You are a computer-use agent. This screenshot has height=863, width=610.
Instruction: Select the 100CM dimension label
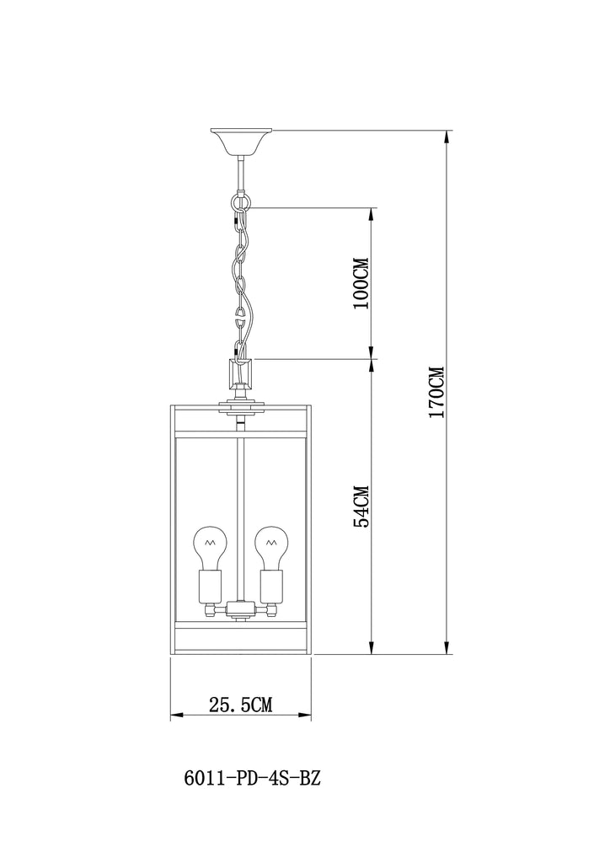pyautogui.click(x=361, y=283)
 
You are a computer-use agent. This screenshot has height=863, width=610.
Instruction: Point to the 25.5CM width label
pyautogui.click(x=240, y=705)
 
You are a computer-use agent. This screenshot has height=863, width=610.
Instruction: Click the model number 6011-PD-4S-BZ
pyautogui.click(x=251, y=778)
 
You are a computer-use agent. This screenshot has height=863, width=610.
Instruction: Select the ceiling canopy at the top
pyautogui.click(x=241, y=142)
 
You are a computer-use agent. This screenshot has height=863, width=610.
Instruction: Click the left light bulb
pyautogui.click(x=208, y=548)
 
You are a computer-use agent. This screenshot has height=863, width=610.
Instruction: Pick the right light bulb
pyautogui.click(x=270, y=548)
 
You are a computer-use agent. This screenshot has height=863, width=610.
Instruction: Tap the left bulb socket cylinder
pyautogui.click(x=210, y=587)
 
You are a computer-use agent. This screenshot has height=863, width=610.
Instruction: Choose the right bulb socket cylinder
pyautogui.click(x=271, y=587)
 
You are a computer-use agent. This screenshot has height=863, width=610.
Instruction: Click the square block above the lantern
pyautogui.click(x=241, y=373)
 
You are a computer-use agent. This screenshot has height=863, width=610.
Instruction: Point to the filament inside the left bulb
pyautogui.click(x=208, y=542)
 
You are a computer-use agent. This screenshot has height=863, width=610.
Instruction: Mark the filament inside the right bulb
pyautogui.click(x=270, y=542)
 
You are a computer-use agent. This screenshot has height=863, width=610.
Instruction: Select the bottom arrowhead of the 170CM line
pyautogui.click(x=447, y=647)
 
